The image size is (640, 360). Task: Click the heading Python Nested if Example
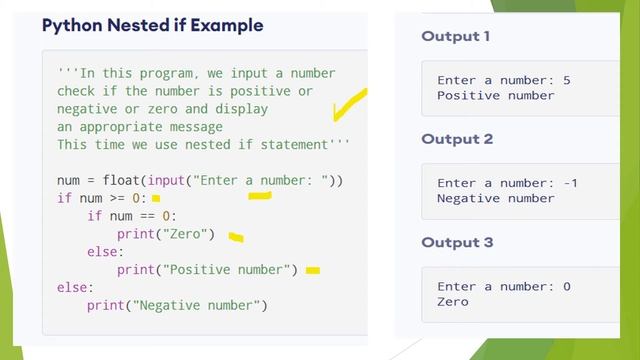coord(152,25)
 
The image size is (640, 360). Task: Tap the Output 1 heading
coord(456,37)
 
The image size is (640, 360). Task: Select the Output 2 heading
coord(457,139)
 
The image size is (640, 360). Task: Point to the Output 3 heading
coord(457,242)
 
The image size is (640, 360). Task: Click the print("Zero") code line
coord(166,234)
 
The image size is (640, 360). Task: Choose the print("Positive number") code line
coord(207,270)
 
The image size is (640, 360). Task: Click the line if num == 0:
coord(131,216)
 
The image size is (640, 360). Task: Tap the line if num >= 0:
coord(101,198)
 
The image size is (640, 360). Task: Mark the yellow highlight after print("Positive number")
coord(313,270)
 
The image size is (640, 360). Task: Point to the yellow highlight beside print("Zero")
coord(236,237)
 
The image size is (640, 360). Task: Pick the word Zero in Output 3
coord(453,302)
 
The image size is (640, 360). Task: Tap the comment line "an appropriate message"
coord(140,127)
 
